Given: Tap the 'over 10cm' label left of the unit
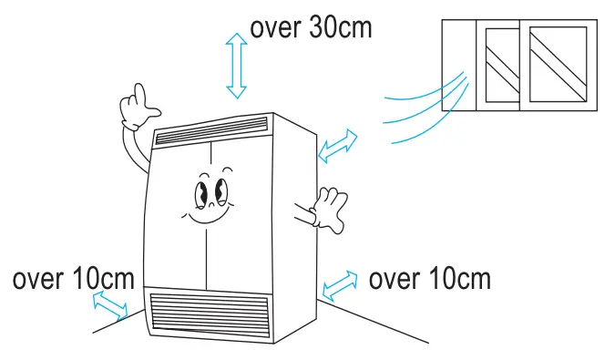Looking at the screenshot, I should coord(74,278).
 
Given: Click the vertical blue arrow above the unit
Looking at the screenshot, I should coord(237,66).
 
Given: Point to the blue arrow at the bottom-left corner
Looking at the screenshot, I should coord(111,305).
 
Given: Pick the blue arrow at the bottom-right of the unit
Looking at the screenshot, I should coord(339,284).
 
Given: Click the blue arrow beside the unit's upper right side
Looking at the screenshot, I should coord(338,146).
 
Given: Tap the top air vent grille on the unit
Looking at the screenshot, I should coord(213,130).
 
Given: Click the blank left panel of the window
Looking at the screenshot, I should coord(458,64).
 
